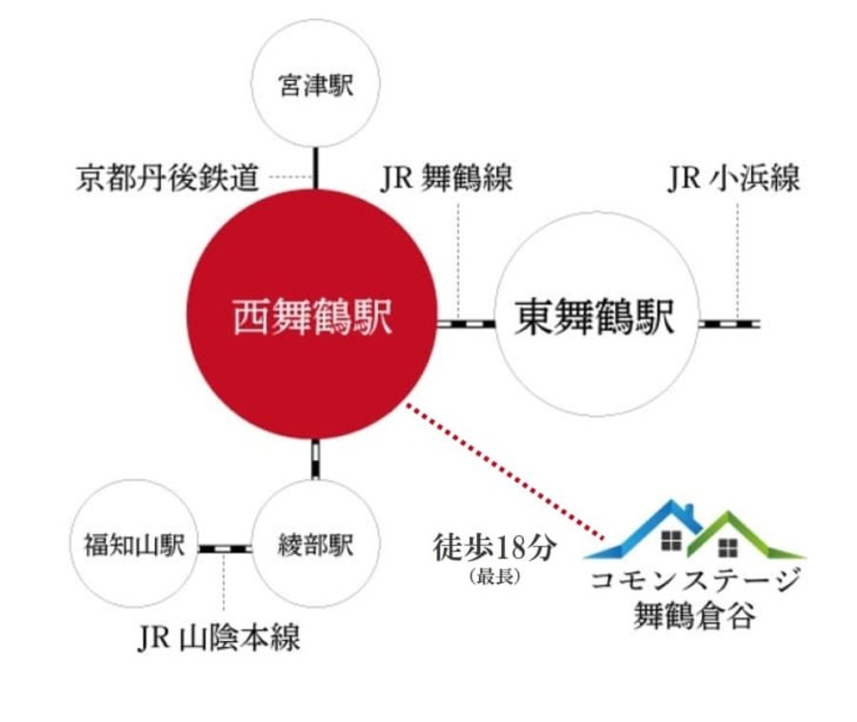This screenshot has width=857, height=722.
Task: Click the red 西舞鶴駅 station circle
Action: click(x=312, y=314)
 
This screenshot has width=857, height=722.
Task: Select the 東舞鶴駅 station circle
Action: click(x=597, y=314)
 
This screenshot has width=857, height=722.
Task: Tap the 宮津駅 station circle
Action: click(x=315, y=83)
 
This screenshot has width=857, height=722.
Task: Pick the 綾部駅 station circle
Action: click(x=315, y=544)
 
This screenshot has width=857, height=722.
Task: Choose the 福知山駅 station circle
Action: click(x=134, y=544)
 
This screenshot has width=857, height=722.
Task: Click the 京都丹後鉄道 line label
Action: click(x=168, y=177)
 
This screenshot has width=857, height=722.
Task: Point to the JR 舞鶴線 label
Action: click(x=447, y=177)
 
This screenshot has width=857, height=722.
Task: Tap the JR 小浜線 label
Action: click(x=733, y=177)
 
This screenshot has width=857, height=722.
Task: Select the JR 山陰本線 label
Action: click(x=219, y=636)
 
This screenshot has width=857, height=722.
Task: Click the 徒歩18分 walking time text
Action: click(x=494, y=548)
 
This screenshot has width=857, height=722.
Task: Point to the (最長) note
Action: click(x=494, y=576)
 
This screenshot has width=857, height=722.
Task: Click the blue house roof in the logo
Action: click(x=645, y=529)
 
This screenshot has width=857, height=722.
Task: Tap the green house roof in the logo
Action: click(x=746, y=534)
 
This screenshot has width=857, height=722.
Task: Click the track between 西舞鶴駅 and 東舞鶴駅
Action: click(x=467, y=324)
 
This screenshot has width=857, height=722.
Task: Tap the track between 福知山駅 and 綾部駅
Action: click(x=225, y=549)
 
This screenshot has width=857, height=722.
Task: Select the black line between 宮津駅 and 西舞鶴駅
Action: click(x=315, y=169)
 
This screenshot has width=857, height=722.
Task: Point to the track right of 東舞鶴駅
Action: click(x=729, y=324)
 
